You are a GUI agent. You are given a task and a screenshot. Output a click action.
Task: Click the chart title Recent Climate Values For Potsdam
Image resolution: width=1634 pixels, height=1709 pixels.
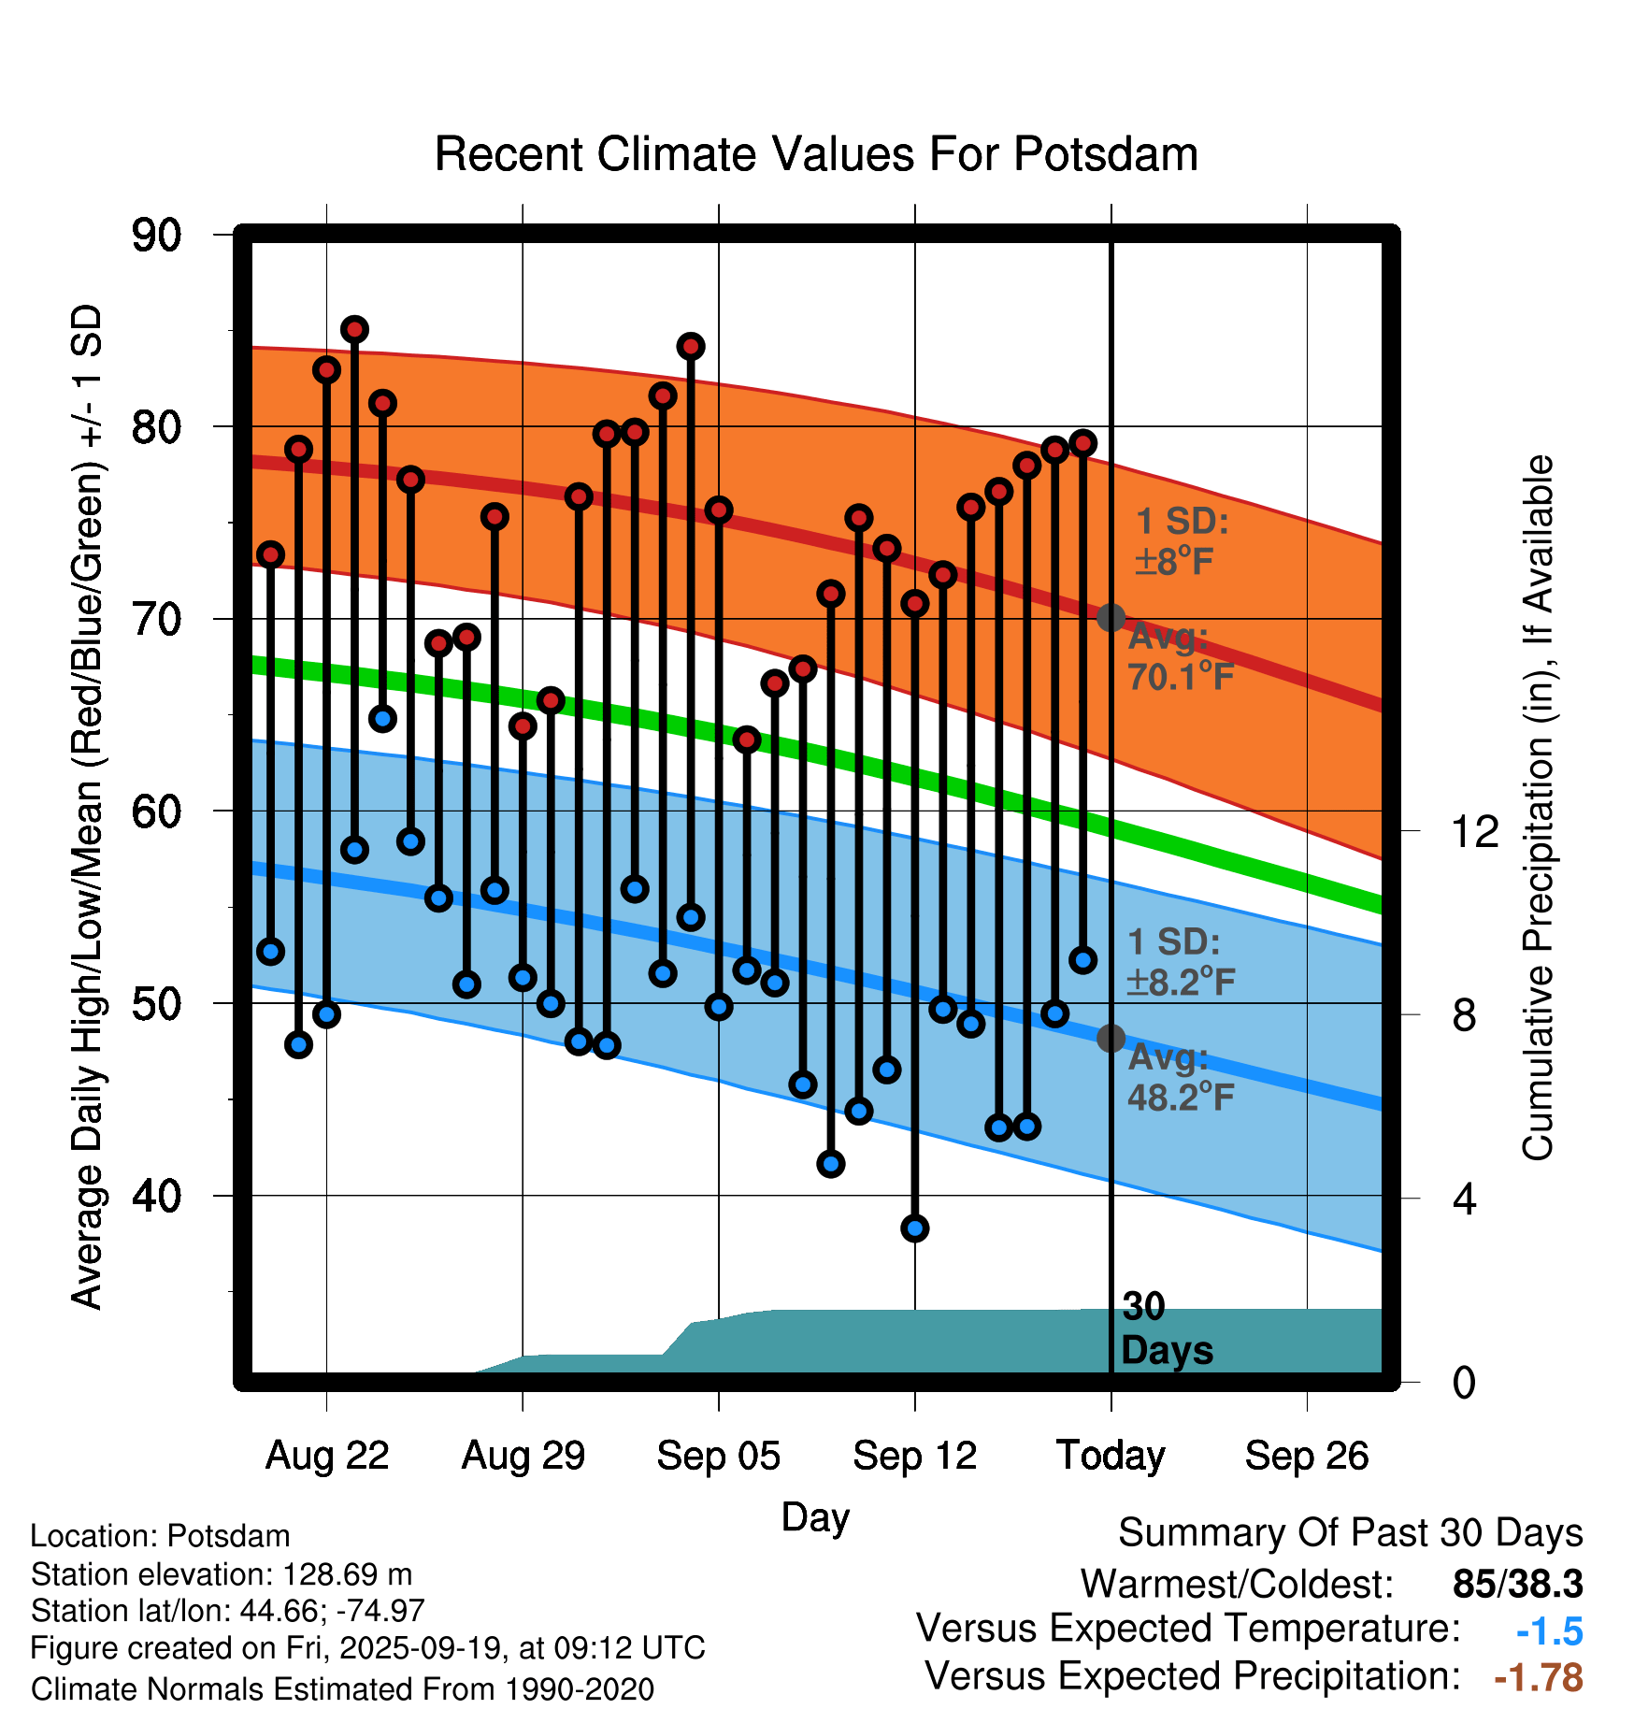tap(816, 154)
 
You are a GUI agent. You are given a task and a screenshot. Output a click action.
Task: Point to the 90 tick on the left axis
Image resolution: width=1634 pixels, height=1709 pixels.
tap(157, 235)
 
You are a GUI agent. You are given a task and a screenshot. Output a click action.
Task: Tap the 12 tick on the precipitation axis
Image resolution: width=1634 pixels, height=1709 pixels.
tap(1475, 831)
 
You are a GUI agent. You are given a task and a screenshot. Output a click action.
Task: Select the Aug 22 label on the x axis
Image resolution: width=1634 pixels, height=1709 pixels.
tap(327, 1456)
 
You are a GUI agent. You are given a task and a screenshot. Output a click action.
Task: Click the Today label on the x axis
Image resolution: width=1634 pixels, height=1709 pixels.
tap(1111, 1456)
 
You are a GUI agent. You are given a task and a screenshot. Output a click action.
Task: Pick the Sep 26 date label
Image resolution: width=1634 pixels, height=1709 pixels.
tap(1307, 1456)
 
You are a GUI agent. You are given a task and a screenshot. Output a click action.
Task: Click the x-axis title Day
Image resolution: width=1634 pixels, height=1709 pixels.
tap(815, 1516)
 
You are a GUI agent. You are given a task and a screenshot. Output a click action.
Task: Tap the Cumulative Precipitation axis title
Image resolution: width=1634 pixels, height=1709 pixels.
tap(1538, 809)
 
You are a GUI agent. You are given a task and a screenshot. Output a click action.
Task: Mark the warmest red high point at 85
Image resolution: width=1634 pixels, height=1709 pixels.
tap(354, 329)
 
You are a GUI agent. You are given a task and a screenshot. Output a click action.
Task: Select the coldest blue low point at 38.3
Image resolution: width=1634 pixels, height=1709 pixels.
tap(915, 1228)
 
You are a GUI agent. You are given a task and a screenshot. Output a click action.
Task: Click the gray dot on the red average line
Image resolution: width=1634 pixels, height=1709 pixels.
tap(1111, 617)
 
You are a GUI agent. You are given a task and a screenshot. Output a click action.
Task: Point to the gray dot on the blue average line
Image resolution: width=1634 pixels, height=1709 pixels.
tap(1111, 1038)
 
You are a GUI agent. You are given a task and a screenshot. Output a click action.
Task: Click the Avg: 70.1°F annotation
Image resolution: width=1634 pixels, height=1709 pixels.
tap(1180, 657)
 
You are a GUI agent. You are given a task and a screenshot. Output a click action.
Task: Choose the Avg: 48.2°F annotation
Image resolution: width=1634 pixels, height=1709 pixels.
tap(1180, 1077)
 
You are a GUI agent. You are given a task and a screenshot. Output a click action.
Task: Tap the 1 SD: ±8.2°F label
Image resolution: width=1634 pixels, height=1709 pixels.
tap(1180, 962)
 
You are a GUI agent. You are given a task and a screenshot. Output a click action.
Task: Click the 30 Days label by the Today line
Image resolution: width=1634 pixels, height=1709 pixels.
tap(1166, 1328)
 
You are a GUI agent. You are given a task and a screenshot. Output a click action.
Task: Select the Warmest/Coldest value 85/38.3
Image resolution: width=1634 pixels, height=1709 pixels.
tap(1517, 1585)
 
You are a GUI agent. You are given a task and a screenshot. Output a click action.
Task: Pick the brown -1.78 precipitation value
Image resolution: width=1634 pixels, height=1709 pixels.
tap(1539, 1677)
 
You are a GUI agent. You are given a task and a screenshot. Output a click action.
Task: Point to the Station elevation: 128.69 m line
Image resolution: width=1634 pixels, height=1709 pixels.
tap(222, 1574)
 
